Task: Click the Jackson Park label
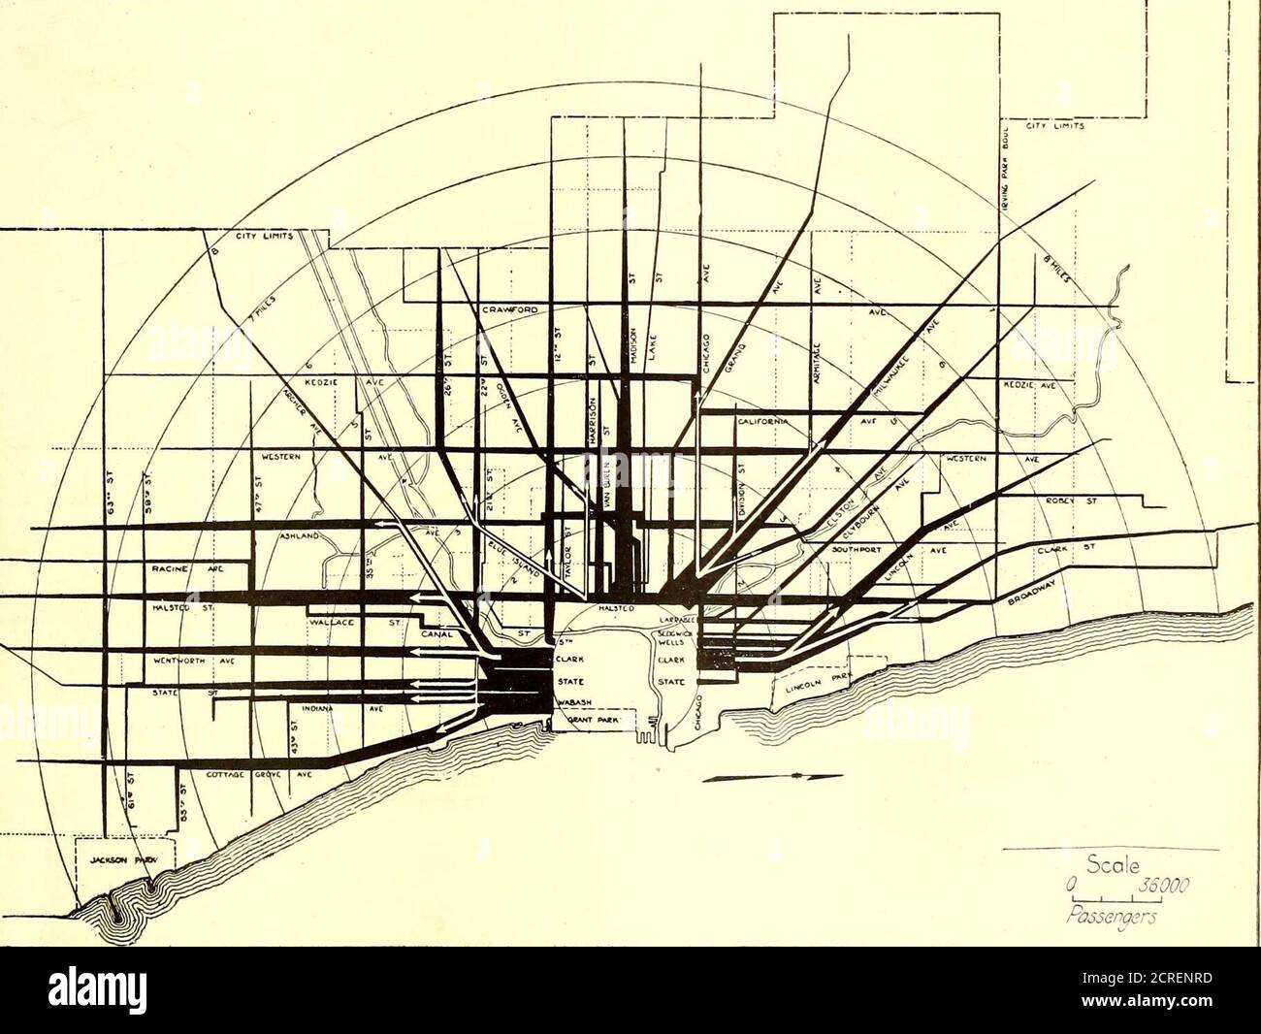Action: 115,859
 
